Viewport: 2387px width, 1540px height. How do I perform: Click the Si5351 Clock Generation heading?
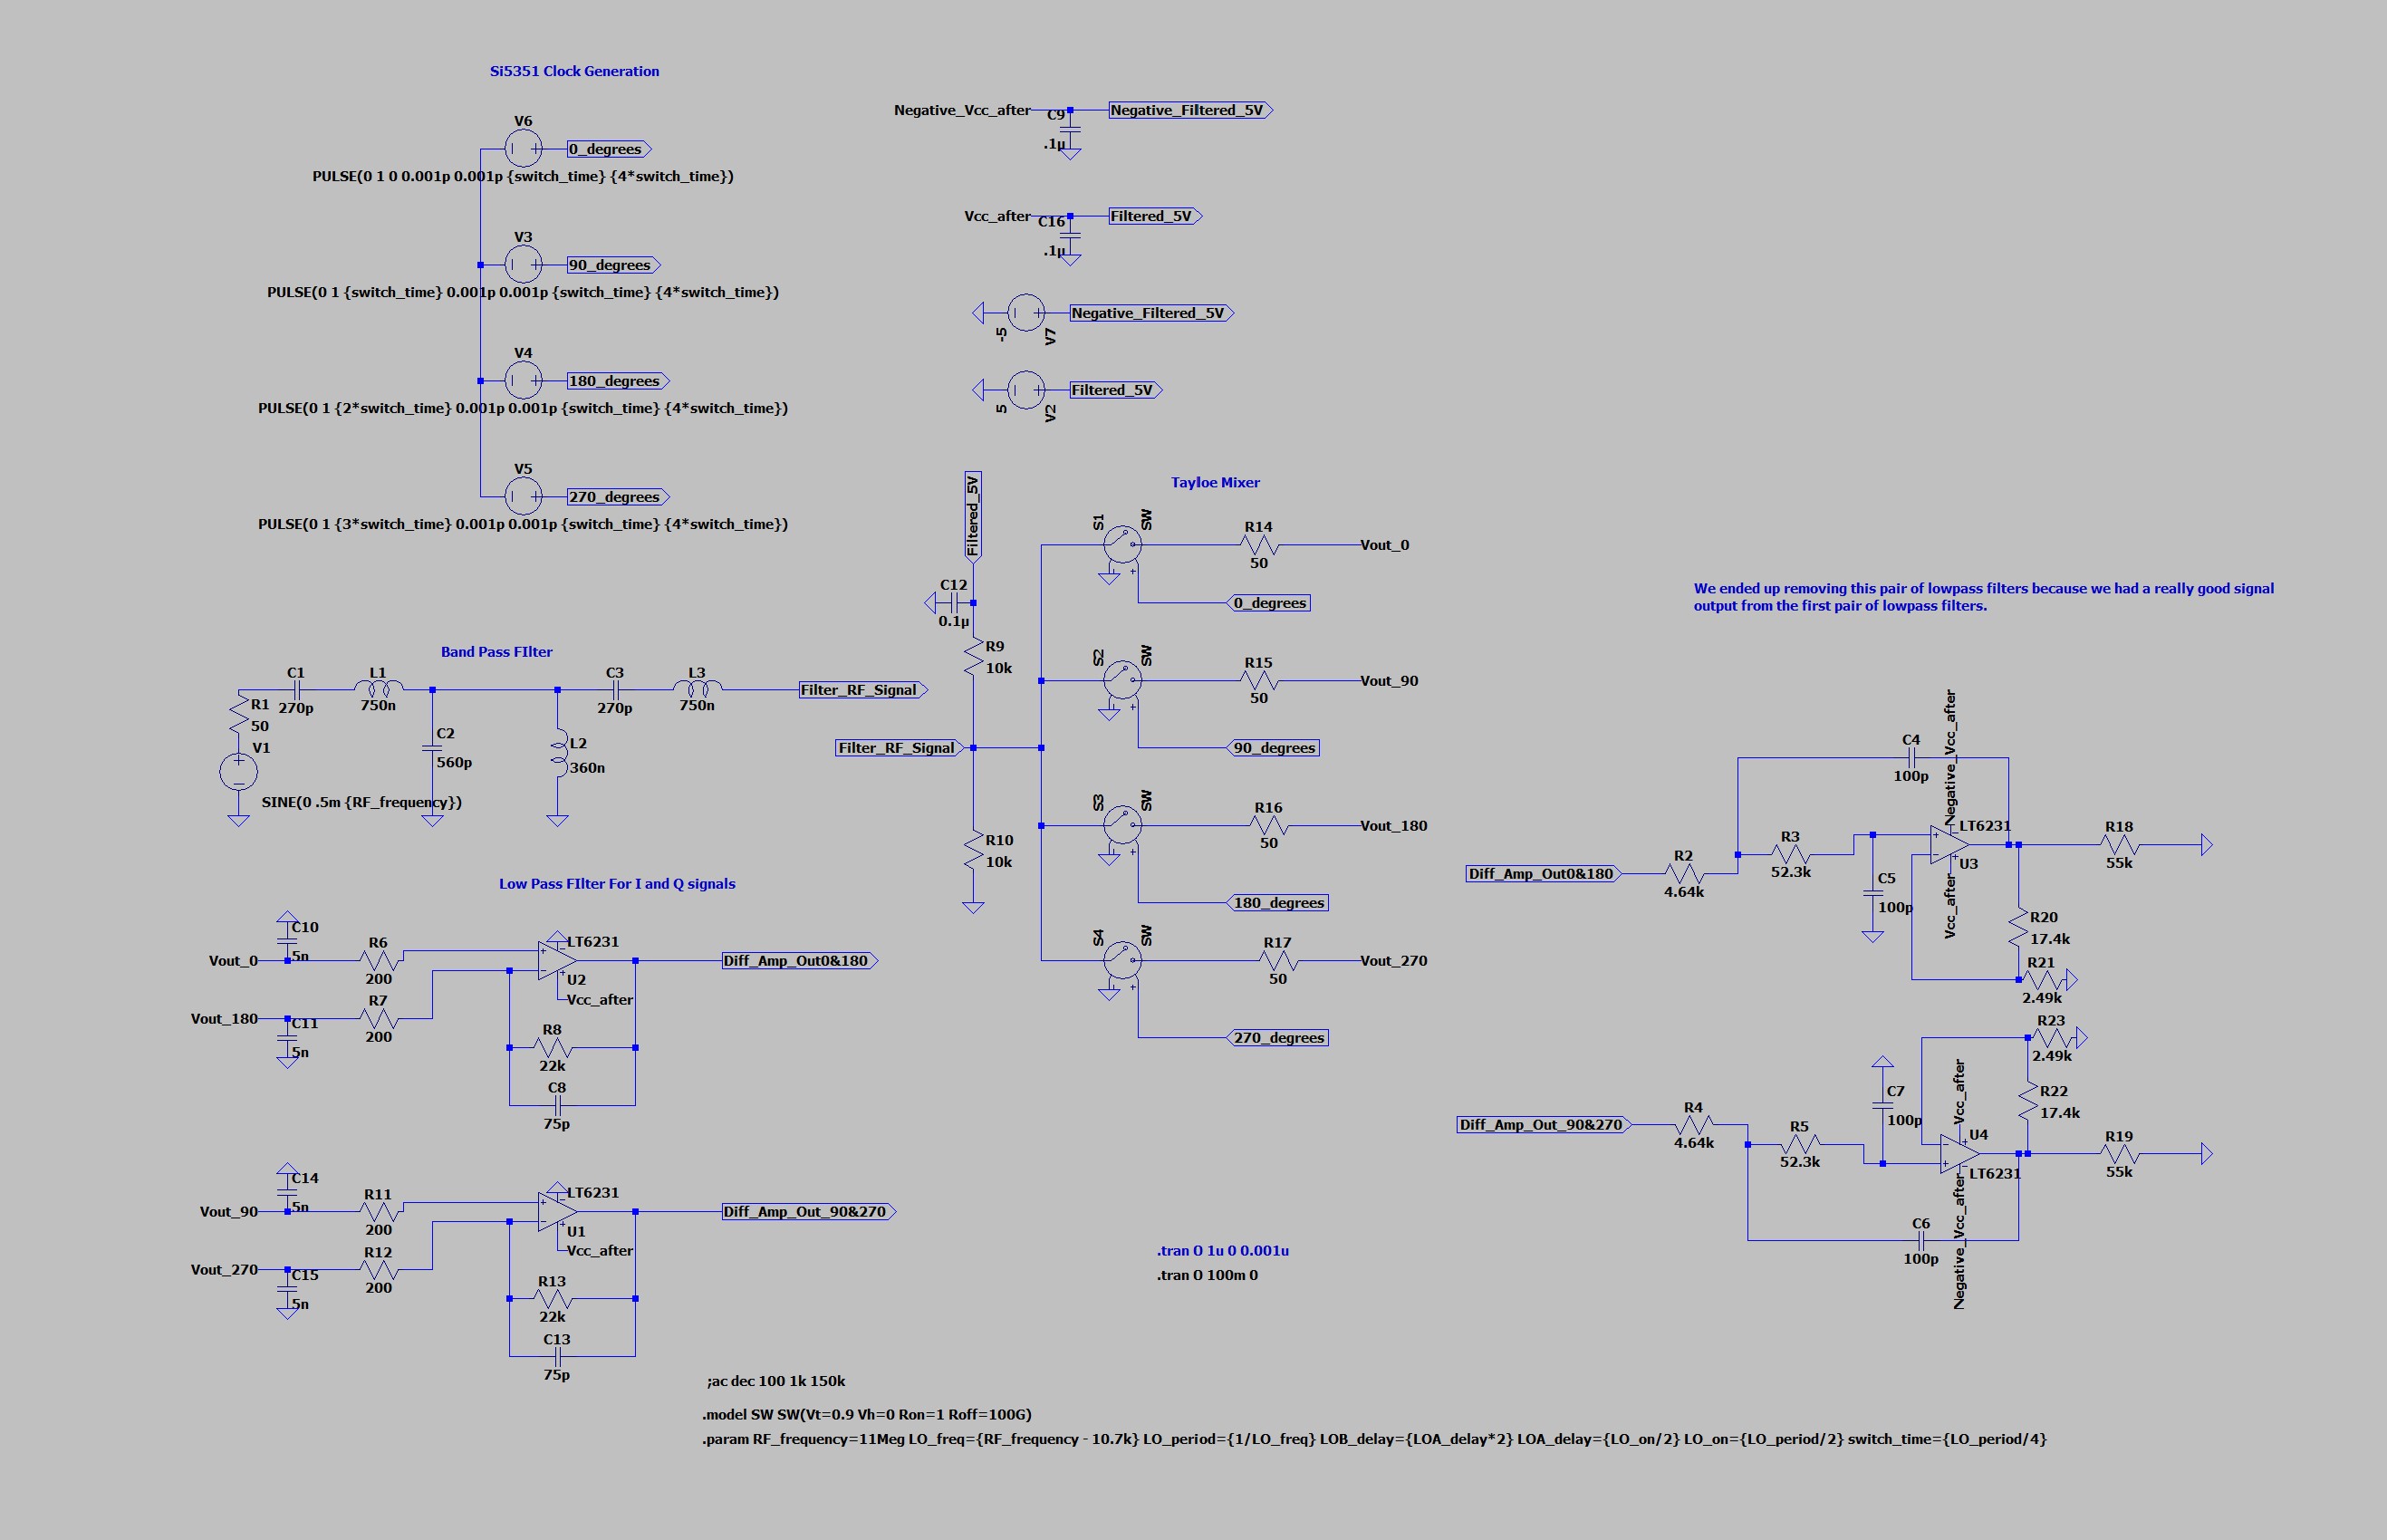coord(574,71)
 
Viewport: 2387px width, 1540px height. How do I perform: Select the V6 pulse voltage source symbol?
coord(523,149)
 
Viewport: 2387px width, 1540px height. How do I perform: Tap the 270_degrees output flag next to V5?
coord(617,497)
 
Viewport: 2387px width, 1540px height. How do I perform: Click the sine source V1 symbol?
coord(238,771)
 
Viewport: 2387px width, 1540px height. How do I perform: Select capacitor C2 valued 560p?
coord(432,747)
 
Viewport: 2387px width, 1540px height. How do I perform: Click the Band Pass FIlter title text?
coord(496,652)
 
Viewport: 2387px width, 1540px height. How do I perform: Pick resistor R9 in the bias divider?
coord(973,657)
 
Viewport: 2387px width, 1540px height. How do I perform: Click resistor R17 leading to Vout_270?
coord(1277,961)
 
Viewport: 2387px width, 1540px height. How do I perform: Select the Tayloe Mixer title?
coord(1215,482)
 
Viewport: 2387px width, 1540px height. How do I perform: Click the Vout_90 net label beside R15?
coord(1389,681)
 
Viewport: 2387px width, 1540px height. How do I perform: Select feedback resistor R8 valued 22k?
coord(552,1048)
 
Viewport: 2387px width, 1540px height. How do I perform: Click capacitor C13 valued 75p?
coord(557,1356)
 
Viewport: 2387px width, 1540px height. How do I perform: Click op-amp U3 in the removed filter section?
coord(1948,845)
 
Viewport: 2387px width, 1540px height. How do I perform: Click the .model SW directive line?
coord(866,1415)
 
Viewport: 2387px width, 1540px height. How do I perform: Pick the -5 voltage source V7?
coord(1025,313)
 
